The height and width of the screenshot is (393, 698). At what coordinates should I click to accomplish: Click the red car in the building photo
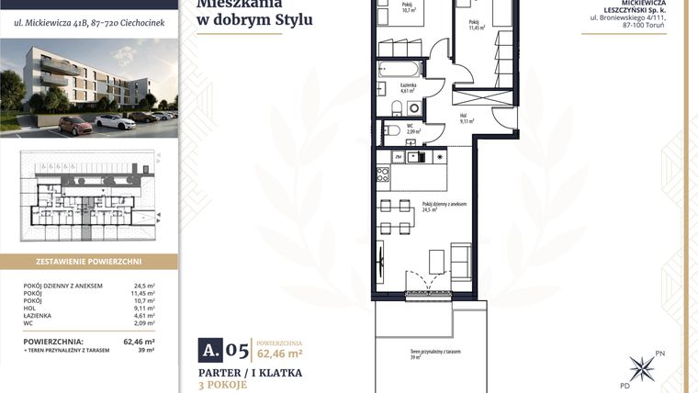click(76, 125)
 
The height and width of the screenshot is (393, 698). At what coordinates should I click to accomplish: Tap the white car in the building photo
click(115, 121)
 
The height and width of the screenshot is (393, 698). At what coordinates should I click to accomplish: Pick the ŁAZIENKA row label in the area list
click(40, 315)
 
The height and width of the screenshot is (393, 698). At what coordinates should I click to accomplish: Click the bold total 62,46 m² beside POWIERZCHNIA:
click(139, 342)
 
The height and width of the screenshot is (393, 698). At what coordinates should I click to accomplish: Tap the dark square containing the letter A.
click(211, 350)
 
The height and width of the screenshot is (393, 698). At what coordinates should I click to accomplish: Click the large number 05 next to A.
click(237, 350)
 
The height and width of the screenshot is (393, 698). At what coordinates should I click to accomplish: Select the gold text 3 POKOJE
click(225, 387)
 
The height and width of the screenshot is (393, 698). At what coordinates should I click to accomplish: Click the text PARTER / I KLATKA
click(251, 373)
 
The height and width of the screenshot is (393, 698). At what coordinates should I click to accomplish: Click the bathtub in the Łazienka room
click(397, 70)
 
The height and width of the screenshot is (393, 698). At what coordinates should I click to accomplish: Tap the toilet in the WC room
click(392, 129)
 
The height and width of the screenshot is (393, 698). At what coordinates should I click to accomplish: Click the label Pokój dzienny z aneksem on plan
click(445, 205)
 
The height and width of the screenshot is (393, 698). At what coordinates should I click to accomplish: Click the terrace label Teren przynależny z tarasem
click(435, 353)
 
